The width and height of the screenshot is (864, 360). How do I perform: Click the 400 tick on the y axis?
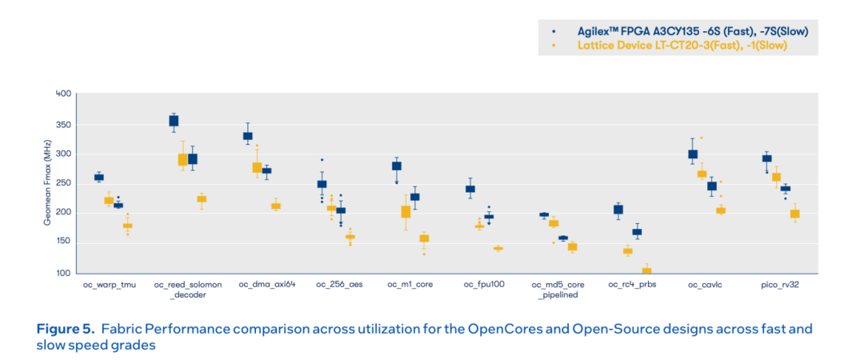click(63, 94)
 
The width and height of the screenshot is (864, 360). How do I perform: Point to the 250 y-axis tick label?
click(63, 183)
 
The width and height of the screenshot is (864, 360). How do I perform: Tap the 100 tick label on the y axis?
click(63, 274)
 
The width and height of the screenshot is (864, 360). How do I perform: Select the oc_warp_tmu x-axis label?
click(108, 284)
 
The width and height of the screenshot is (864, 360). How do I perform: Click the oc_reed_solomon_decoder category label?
click(184, 289)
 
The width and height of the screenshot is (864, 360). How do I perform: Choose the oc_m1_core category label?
click(410, 284)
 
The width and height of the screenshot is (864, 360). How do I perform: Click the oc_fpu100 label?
click(484, 284)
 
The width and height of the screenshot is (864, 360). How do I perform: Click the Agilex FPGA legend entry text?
click(693, 30)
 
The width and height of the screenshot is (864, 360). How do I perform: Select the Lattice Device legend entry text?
click(682, 46)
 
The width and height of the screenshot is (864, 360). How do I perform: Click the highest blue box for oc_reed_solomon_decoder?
click(174, 121)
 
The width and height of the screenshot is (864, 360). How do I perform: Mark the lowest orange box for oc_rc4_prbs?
click(646, 272)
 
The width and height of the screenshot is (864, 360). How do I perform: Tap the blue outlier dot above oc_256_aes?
click(322, 160)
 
